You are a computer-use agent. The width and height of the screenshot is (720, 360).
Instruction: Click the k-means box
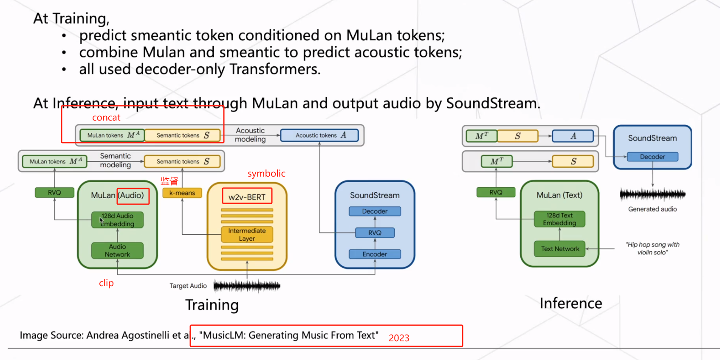[x=182, y=193]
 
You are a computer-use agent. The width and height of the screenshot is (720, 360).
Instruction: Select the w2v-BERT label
[x=247, y=197]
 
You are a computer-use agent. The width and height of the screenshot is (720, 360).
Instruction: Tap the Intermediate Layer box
[x=247, y=234]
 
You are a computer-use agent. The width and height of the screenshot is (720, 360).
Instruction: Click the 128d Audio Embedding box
[x=117, y=219]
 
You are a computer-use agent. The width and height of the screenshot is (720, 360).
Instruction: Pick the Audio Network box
[x=117, y=250]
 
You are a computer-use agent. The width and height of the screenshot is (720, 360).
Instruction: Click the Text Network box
[x=559, y=249]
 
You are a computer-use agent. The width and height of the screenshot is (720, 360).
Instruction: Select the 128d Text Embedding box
[x=559, y=219]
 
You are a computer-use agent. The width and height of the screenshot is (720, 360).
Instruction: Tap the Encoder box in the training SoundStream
[x=375, y=254]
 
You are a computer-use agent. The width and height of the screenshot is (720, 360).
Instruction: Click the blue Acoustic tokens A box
[x=319, y=135]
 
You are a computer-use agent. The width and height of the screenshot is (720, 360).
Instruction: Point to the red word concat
[x=106, y=118]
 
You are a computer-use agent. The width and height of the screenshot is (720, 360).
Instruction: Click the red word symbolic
[x=266, y=173]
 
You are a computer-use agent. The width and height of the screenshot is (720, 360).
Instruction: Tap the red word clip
[x=106, y=283]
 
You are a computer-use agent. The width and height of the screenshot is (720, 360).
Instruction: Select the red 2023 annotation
[x=399, y=338]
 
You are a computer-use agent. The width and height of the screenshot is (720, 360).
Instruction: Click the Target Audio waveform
[x=247, y=286]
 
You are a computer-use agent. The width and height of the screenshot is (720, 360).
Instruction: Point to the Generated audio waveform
[x=652, y=194]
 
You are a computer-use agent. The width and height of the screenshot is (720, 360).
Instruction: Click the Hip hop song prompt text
[x=652, y=248]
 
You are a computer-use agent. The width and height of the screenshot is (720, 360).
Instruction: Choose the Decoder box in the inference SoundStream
[x=652, y=157]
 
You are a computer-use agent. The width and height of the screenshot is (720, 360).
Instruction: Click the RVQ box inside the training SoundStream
[x=375, y=233]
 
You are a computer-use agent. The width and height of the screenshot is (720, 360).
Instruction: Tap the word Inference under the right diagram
[x=571, y=303]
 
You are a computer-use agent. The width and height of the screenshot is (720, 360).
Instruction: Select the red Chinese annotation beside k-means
[x=169, y=181]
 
